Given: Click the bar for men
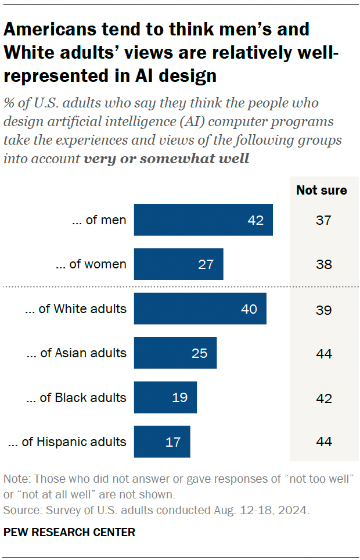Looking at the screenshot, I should (203, 220).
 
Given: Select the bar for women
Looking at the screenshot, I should (178, 264).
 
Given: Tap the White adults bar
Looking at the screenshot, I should (200, 308).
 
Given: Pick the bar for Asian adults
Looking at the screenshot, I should (175, 353).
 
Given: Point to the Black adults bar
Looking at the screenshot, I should (165, 397).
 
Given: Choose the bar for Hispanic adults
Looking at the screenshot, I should (161, 441).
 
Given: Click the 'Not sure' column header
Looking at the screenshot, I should (321, 190).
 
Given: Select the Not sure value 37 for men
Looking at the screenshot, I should (324, 220).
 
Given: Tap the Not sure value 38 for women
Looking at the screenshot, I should (324, 264).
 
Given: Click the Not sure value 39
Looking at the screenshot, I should (324, 309).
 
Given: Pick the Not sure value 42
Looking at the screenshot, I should (324, 398).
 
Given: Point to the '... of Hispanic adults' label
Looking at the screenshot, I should (67, 442).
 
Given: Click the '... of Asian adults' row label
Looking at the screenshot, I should (76, 353).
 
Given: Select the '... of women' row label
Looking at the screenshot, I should (91, 264).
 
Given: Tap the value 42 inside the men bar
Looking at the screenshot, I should (255, 221).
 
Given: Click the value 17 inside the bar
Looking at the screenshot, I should (172, 442).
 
